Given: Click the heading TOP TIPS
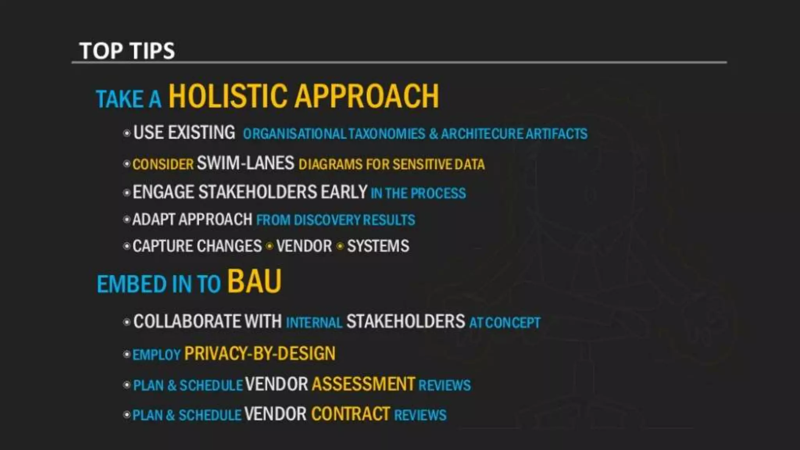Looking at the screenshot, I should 127,51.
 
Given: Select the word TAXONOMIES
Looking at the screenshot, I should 386,134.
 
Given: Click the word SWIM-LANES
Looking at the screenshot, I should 245,163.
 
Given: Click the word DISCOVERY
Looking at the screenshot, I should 327,220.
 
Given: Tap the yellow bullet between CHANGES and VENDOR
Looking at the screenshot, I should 270,246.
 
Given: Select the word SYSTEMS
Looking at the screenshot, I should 378,246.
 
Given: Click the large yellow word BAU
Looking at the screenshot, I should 254,281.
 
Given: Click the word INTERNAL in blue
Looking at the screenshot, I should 314,323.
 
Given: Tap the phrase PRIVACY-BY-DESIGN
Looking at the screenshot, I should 260,354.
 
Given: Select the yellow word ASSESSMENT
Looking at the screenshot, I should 363,384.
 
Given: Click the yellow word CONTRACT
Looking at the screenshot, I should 350,414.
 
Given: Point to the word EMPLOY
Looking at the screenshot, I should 156,355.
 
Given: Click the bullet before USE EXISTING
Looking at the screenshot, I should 127,133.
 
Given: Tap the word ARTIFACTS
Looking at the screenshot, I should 556,134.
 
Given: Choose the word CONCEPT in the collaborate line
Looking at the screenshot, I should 512,323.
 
